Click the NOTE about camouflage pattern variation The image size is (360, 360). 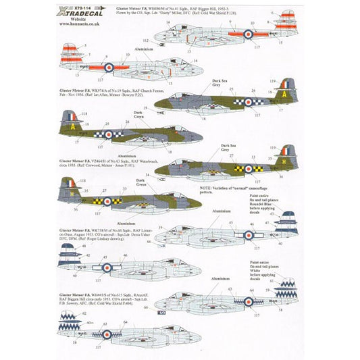236,197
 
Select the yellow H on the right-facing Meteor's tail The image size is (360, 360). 287,156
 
